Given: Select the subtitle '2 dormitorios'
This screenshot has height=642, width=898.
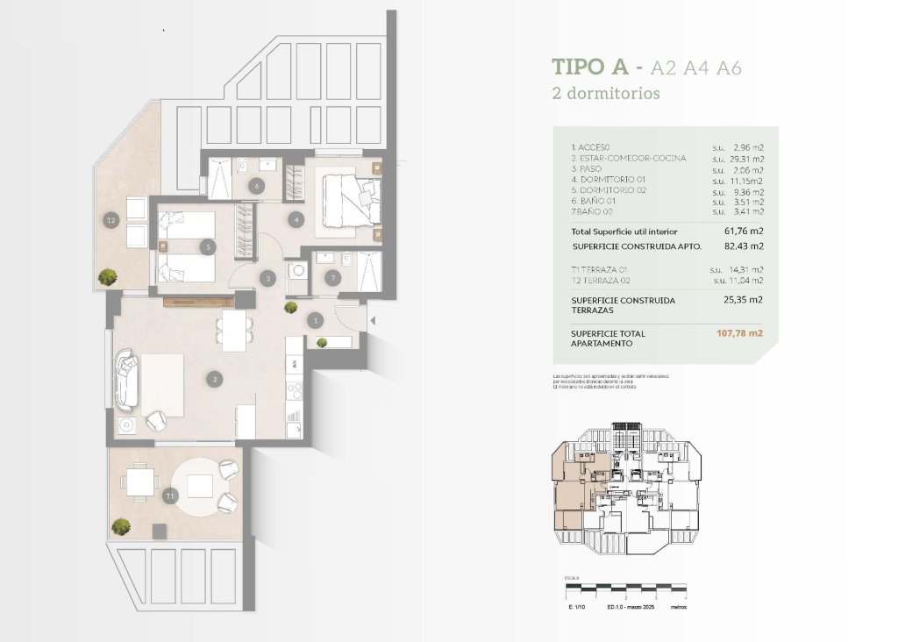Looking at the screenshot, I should coord(605,93).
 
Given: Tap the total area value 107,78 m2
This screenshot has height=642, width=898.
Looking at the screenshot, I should coord(740,333).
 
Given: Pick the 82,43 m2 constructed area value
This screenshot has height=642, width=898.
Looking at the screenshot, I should coord(741,246).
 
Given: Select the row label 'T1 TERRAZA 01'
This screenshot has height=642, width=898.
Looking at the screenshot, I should coord(602,269).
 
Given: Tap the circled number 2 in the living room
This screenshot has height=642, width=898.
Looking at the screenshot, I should coord(214,380).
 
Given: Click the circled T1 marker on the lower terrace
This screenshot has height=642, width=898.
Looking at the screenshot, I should coord(169,496).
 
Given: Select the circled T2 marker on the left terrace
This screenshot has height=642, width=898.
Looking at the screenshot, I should coord(111,219).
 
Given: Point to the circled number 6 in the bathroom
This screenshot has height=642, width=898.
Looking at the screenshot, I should coord(257,186).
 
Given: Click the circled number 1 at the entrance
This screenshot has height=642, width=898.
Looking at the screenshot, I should coord(316,321).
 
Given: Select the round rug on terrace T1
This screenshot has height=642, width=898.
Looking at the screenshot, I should coord(203,487).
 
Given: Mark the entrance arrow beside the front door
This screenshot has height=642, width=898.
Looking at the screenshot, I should coord(371,322).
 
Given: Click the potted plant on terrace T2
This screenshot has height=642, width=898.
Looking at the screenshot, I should coord(108,276).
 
